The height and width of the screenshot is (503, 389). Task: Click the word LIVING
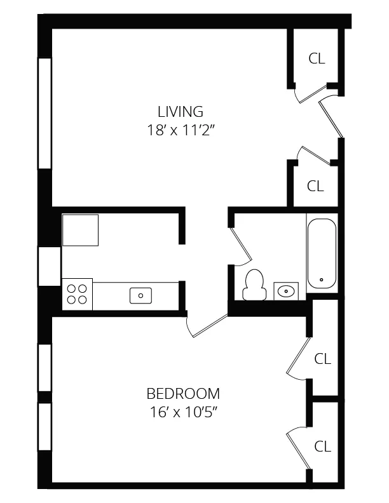click(x=180, y=112)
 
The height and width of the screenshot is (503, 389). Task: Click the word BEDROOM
click(x=183, y=393)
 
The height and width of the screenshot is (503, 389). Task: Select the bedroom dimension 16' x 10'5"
click(x=183, y=411)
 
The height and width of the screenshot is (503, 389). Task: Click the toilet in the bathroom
click(x=254, y=285)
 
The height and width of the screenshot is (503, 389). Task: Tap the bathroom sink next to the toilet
click(x=287, y=292)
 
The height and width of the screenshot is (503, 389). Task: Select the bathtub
click(x=322, y=253)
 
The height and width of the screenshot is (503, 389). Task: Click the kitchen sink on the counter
click(x=140, y=295)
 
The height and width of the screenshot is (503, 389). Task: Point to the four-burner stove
click(x=77, y=294)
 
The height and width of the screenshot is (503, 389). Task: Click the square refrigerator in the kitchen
click(x=80, y=230)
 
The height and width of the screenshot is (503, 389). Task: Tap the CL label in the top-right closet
click(x=317, y=58)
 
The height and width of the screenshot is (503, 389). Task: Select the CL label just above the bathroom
click(x=316, y=186)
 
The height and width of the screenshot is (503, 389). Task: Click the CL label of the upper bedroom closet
click(x=323, y=359)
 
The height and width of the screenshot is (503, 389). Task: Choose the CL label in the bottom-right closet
click(x=323, y=446)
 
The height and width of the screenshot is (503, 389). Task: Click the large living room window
click(x=44, y=113)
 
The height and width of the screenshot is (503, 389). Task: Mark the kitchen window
click(x=49, y=266)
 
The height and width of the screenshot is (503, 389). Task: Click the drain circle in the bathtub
click(x=322, y=279)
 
